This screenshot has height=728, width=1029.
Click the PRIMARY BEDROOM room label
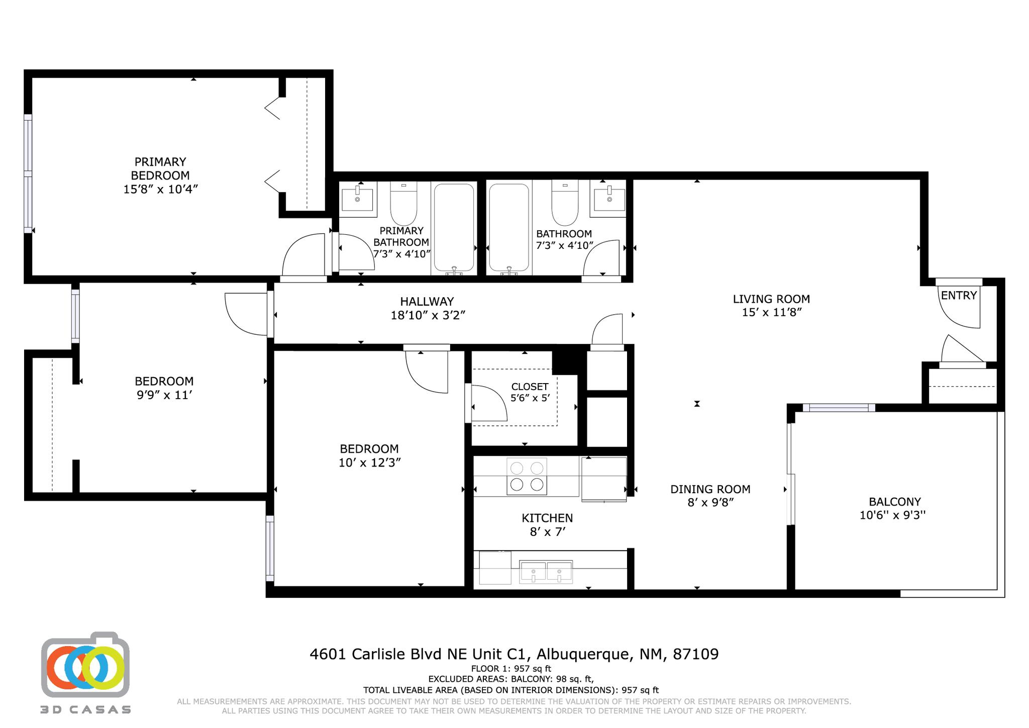[160, 168]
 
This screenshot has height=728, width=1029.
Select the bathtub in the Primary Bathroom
[454, 227]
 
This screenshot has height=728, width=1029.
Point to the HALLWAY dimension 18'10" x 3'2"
[428, 315]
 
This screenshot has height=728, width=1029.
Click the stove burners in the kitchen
[527, 476]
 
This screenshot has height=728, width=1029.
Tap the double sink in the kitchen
[546, 572]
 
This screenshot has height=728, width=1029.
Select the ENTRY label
[959, 296]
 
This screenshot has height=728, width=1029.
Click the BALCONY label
[894, 502]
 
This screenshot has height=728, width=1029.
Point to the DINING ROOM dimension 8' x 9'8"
[710, 502]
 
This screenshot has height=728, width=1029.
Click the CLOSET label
[530, 387]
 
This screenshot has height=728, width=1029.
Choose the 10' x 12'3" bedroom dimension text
[369, 463]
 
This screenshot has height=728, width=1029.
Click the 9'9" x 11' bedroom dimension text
[164, 395]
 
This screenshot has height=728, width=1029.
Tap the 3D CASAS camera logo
[85, 666]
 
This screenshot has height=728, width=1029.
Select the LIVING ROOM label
[771, 299]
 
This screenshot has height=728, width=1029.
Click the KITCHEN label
[547, 518]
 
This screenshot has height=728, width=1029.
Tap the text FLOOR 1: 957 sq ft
[511, 669]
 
